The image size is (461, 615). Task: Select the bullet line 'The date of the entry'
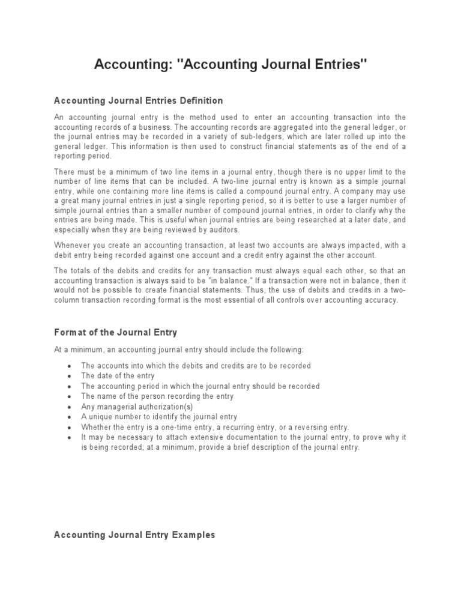(118, 376)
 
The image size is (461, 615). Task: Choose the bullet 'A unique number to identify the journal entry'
(159, 417)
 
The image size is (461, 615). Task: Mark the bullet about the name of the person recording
(157, 396)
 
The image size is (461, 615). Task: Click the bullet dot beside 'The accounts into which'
(70, 366)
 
